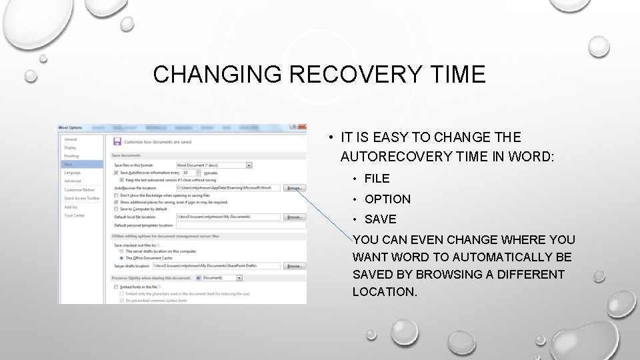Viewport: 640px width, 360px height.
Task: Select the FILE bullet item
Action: point(377,179)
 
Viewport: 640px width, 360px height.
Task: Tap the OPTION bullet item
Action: point(387,199)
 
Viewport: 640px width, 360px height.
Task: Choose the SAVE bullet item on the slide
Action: point(380,219)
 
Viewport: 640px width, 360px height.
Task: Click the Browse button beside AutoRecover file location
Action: point(294,189)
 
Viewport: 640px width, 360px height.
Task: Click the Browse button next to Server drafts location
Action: point(294,266)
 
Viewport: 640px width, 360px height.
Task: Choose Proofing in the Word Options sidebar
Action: point(71,156)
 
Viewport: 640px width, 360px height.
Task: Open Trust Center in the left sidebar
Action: point(74,215)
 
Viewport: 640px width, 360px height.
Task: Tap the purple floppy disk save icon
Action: point(117,141)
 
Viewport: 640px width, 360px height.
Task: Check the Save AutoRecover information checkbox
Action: point(117,172)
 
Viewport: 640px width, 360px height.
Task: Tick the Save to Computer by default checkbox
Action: point(117,209)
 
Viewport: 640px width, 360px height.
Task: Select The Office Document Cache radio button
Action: point(120,257)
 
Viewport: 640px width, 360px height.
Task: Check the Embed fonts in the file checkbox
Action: point(117,287)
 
